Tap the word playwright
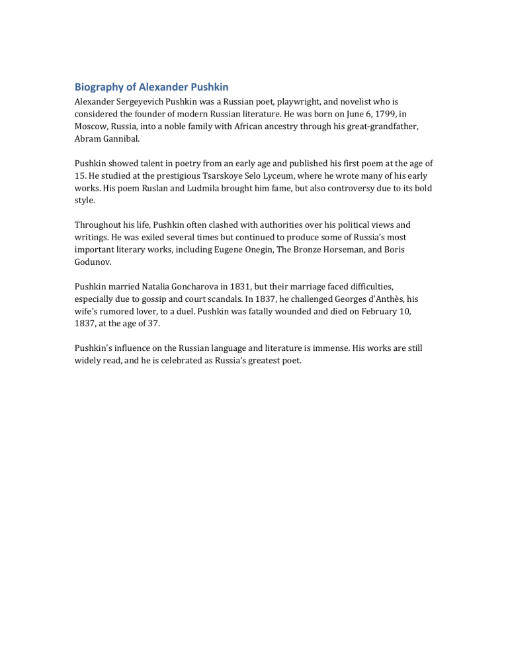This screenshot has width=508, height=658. tap(292, 101)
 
